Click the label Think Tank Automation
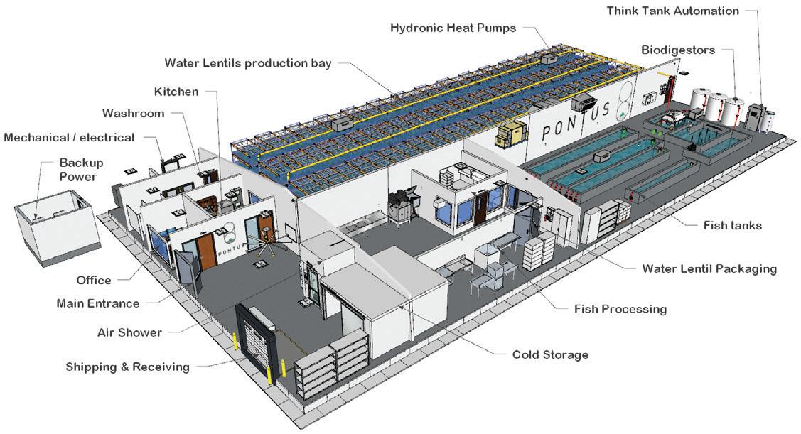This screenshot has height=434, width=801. pyautogui.click(x=672, y=11)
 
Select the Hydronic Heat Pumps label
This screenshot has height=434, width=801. pyautogui.click(x=453, y=28)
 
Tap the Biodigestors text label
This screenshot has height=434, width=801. pyautogui.click(x=677, y=50)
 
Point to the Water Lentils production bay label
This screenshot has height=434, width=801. pyautogui.click(x=247, y=63)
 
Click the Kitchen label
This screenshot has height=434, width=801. pyautogui.click(x=176, y=92)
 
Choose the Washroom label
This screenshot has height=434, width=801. pyautogui.click(x=133, y=113)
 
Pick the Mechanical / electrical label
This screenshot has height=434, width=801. pyautogui.click(x=69, y=137)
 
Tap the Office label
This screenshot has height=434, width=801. pyautogui.click(x=94, y=280)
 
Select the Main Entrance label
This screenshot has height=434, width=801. pyautogui.click(x=97, y=303)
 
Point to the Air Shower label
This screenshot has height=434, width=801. pyautogui.click(x=129, y=332)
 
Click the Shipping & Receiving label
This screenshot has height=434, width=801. pyautogui.click(x=127, y=367)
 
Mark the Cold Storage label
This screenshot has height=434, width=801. pyautogui.click(x=550, y=354)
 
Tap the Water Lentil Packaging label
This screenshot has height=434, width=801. pyautogui.click(x=709, y=268)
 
